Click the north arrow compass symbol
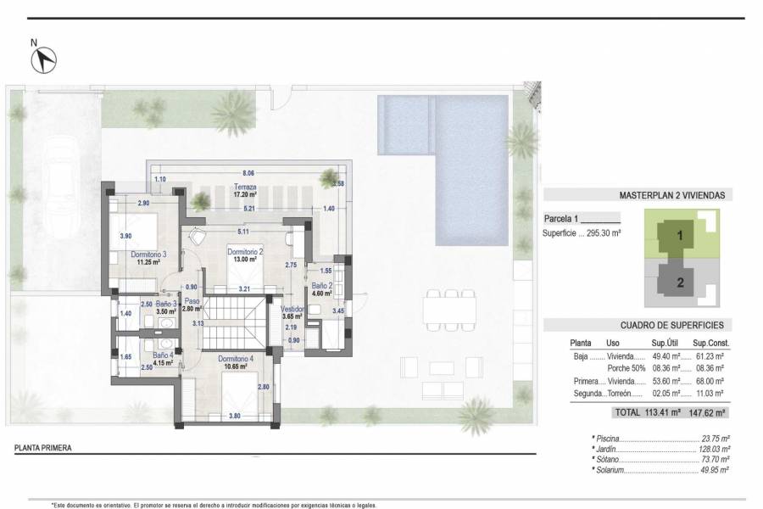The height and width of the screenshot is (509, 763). click(x=44, y=59)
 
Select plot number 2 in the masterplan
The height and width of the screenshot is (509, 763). click(x=680, y=282)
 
